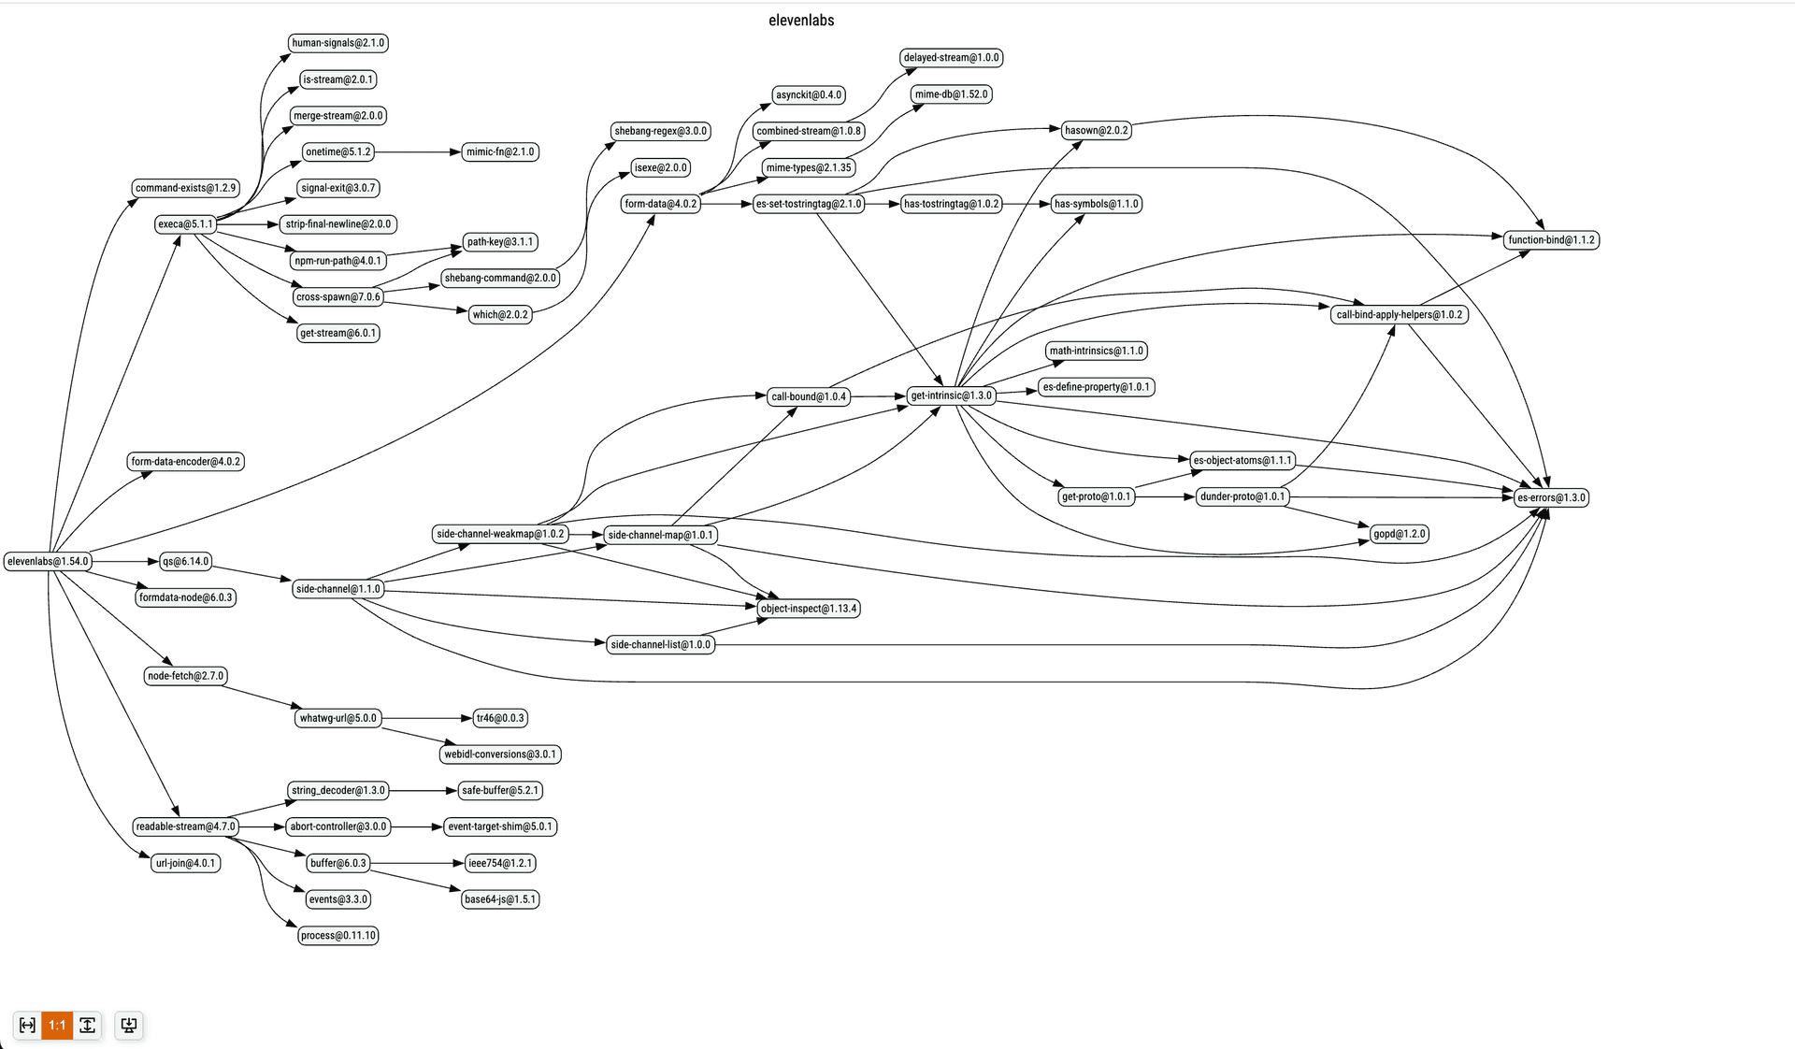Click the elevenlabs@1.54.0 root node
pos(48,561)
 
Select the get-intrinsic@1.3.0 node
pos(951,395)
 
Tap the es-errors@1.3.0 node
pos(1551,497)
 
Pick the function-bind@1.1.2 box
pos(1551,240)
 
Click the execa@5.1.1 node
pos(185,224)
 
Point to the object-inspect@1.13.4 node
pos(808,609)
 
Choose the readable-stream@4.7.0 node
pos(185,826)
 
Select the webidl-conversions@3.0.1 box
pos(500,754)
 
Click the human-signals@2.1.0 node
pos(337,43)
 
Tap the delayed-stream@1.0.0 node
pos(951,58)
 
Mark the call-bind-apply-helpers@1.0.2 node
pos(1399,315)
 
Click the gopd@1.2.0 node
pos(1399,534)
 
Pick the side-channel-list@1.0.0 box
pos(660,644)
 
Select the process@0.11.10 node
pos(337,935)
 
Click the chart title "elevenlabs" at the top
pos(801,21)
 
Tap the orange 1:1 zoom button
pos(57,1025)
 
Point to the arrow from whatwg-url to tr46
pos(425,718)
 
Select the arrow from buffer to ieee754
pos(417,863)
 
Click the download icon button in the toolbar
pos(129,1025)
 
